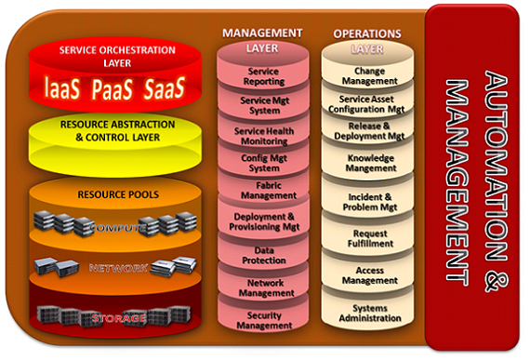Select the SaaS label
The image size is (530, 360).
[159, 87]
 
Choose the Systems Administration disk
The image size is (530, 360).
[370, 313]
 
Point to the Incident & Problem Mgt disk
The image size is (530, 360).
[370, 202]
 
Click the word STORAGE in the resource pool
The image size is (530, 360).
[117, 319]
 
